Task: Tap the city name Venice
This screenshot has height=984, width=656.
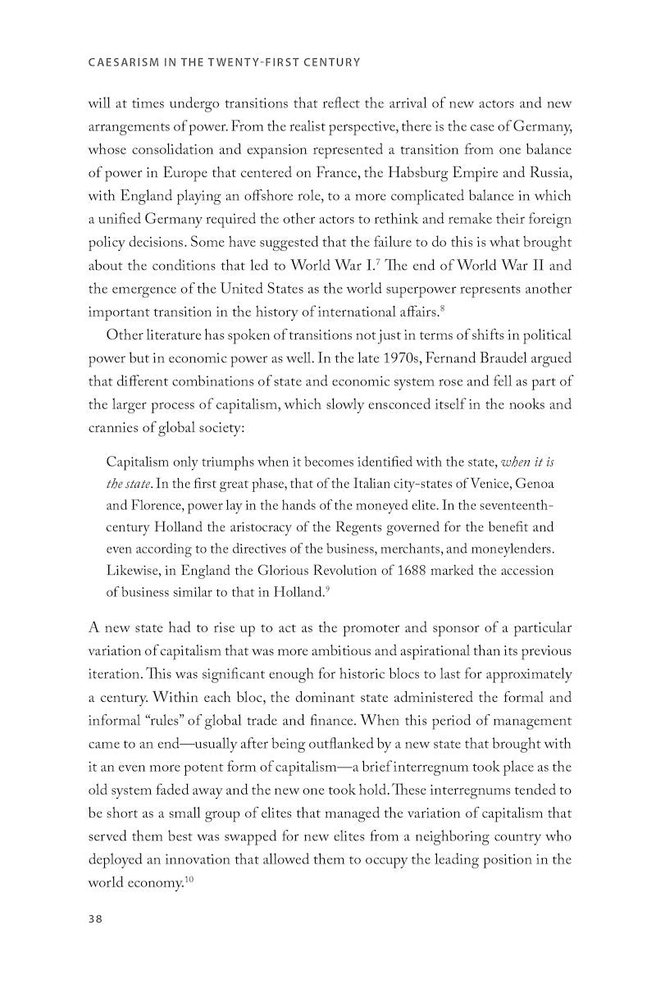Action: tap(476, 483)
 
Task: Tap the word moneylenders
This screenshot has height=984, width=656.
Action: tap(514, 548)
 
